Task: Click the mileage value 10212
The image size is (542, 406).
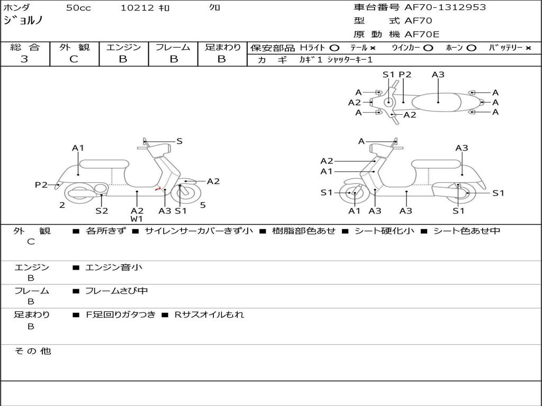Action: [137, 8]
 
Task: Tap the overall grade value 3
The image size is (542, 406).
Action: [24, 59]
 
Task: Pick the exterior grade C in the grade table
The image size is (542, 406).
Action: [74, 59]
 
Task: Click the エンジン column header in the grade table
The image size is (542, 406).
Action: [123, 48]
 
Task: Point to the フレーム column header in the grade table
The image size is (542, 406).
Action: [173, 48]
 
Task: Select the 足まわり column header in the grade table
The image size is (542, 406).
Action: [222, 48]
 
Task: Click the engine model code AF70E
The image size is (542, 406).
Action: [422, 35]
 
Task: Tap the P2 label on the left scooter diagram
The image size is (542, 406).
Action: [41, 184]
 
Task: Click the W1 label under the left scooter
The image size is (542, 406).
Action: [137, 219]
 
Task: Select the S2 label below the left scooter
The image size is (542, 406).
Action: [102, 210]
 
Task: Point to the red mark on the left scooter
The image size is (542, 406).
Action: [157, 189]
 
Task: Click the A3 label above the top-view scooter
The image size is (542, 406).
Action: [438, 75]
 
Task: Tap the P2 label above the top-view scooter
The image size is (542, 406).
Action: [405, 75]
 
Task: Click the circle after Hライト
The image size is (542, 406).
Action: [334, 48]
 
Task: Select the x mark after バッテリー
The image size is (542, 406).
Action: [528, 48]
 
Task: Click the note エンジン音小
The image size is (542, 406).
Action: [114, 267]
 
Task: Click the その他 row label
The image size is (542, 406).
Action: [32, 351]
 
